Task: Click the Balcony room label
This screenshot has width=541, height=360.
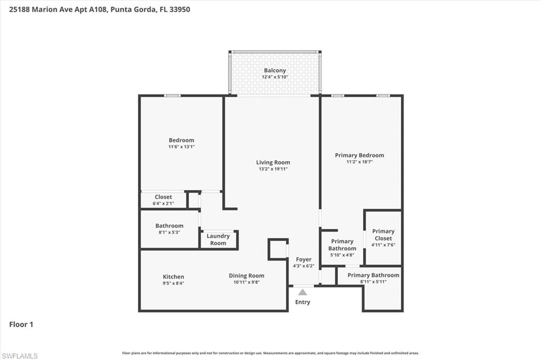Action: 275,70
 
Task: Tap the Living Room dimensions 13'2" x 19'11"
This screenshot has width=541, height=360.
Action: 273,169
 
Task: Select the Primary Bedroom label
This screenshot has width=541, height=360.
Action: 359,155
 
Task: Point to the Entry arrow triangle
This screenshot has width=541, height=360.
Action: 302,292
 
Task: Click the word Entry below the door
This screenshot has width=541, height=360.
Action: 302,302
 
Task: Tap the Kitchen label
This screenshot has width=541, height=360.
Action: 173,276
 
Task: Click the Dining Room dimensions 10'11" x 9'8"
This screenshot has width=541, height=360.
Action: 246,282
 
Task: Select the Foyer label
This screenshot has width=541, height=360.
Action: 303,260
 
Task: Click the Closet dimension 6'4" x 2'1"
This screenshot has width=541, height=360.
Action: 163,204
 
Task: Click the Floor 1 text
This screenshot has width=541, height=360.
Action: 21,325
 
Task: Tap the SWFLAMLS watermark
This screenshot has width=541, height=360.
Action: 20,356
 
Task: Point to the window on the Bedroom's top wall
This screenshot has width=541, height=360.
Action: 172,96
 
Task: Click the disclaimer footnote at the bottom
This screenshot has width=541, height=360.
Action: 270,353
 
